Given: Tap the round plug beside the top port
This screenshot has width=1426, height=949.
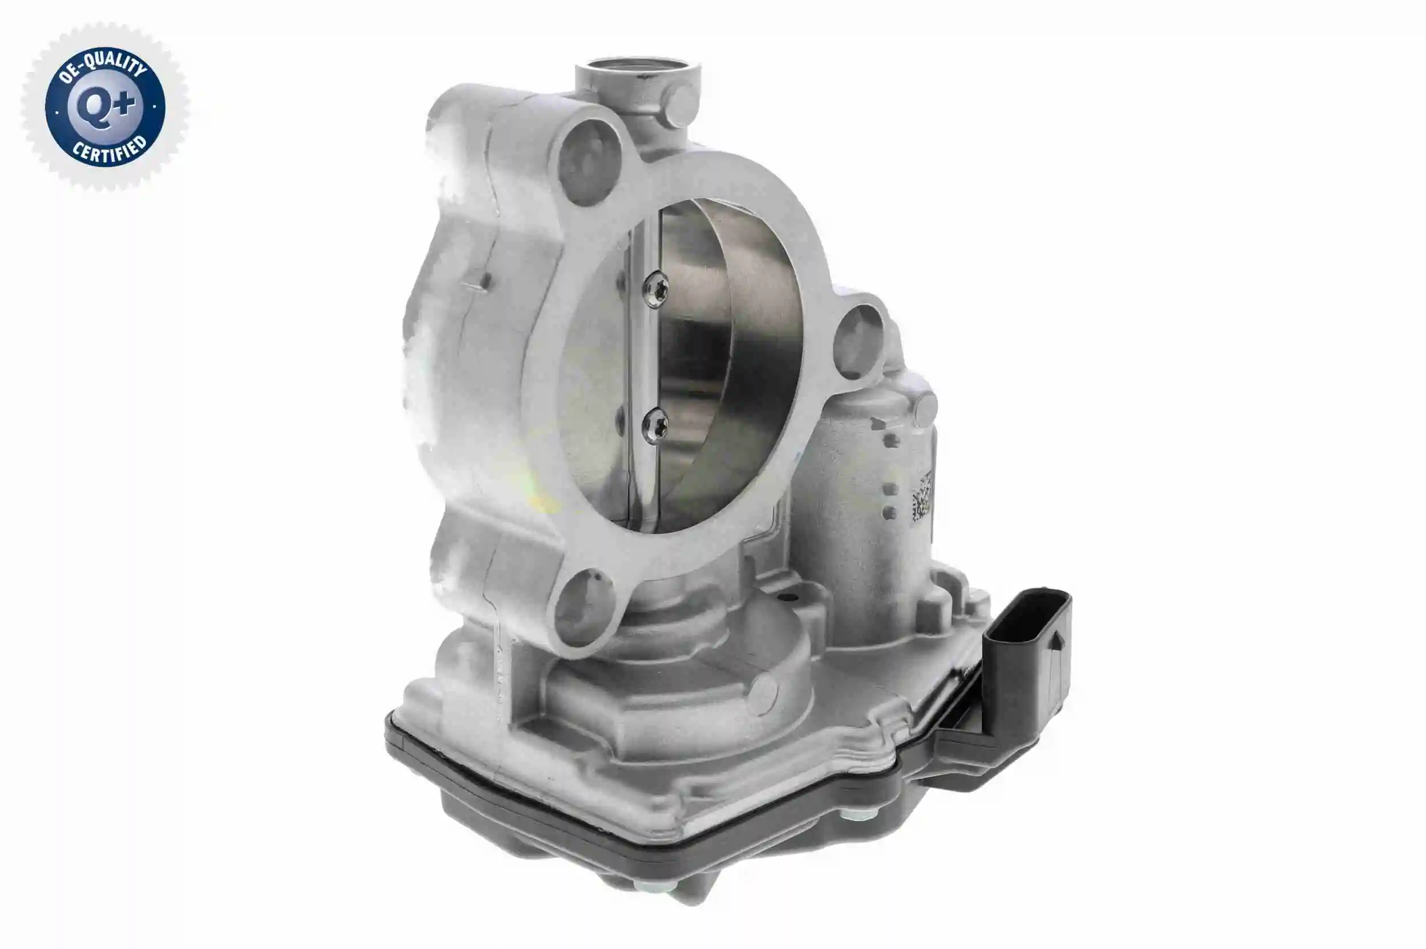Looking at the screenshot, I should pyautogui.click(x=683, y=107).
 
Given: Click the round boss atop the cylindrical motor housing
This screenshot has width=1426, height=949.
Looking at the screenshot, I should pyautogui.click(x=925, y=409).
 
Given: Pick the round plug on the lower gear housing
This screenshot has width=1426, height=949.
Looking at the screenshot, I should pyautogui.click(x=761, y=695).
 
